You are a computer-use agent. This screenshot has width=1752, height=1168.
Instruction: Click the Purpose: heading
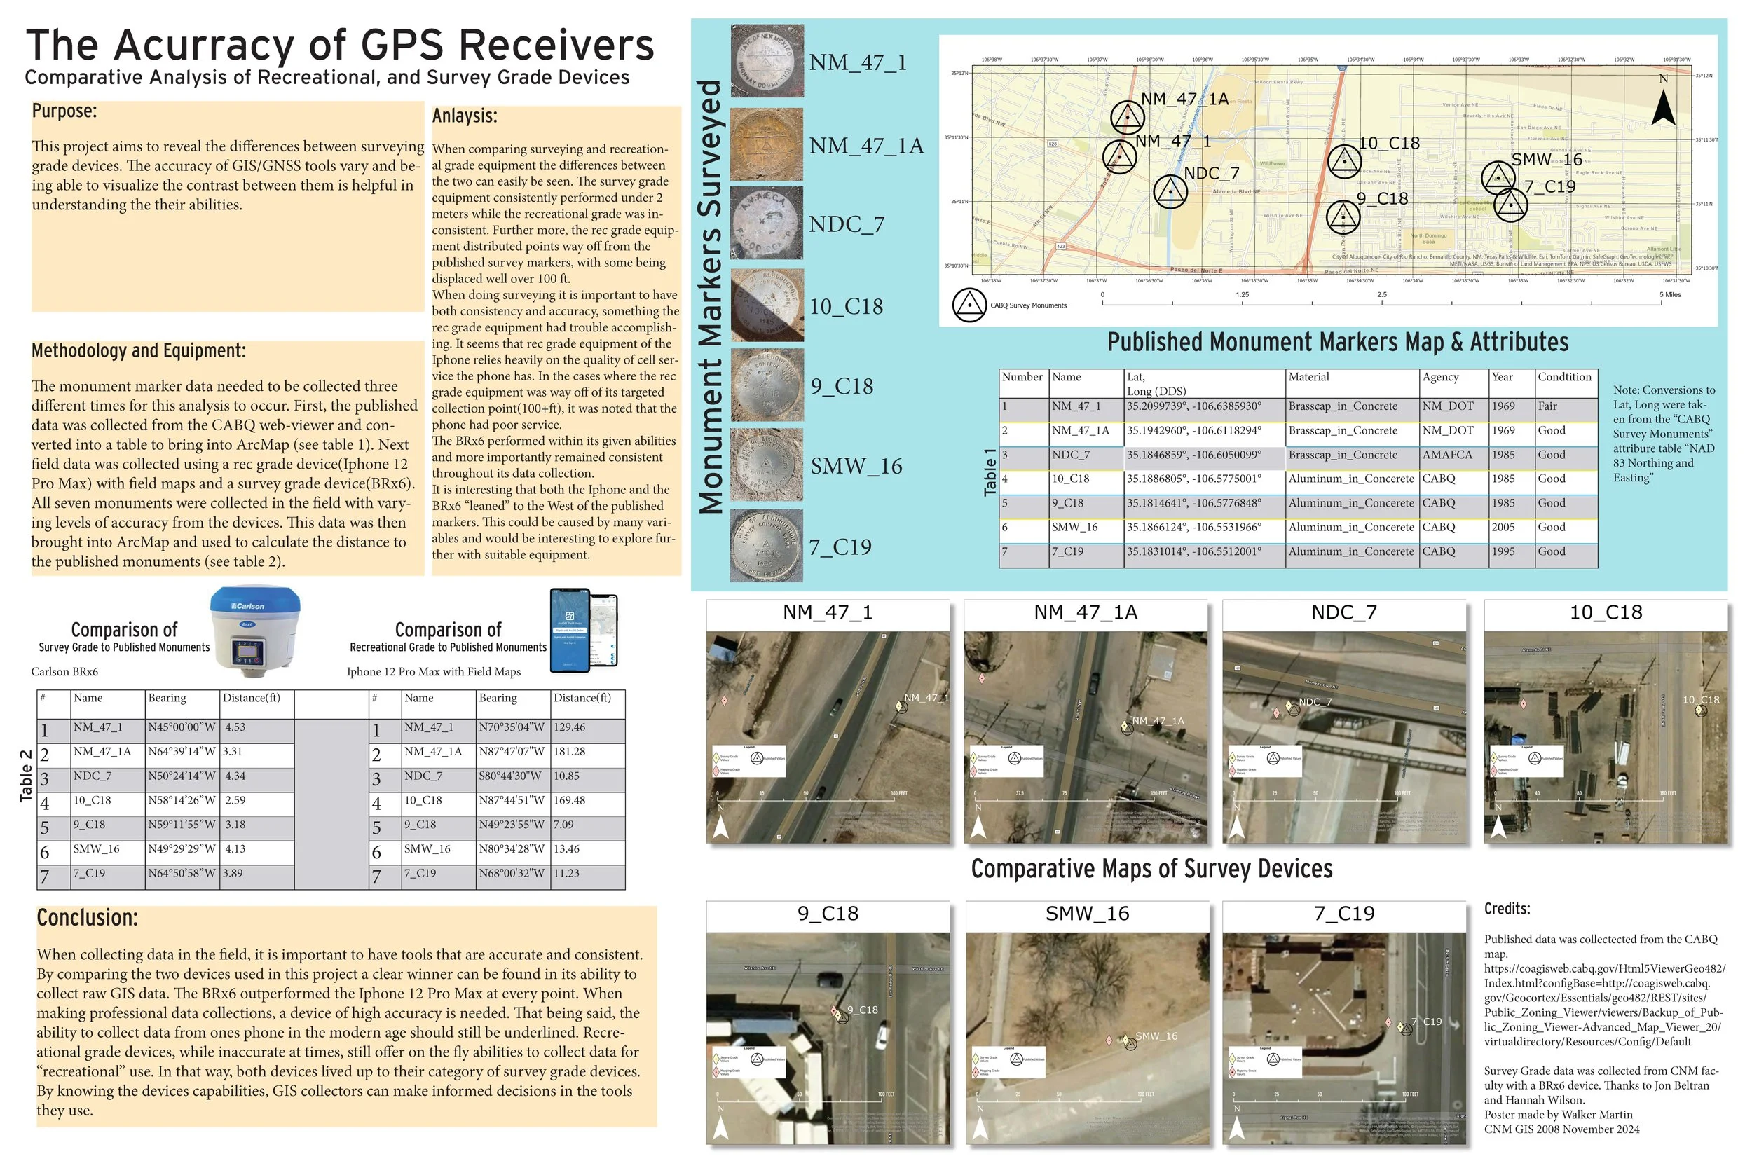pos(64,111)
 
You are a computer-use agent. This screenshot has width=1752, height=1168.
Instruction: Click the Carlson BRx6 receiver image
pos(256,629)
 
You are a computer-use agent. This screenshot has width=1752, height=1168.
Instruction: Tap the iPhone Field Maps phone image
pos(584,630)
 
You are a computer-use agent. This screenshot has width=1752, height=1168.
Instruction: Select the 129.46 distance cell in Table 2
pos(570,728)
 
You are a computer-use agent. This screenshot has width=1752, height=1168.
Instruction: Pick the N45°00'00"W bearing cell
pos(181,728)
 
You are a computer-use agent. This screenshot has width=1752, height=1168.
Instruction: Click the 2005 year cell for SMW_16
pos(1503,528)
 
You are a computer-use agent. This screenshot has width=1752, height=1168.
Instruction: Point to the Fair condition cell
pos(1548,406)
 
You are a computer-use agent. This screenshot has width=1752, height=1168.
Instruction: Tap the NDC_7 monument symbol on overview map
pos(1170,192)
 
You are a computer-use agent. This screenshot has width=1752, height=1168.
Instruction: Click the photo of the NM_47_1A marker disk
pos(767,144)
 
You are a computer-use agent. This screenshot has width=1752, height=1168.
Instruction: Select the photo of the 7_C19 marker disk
pos(767,546)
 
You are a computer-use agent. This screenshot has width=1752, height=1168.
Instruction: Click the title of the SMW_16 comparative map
pos(1087,914)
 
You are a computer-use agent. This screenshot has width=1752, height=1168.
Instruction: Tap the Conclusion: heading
pos(87,918)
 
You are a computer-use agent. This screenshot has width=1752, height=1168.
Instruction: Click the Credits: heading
pos(1507,909)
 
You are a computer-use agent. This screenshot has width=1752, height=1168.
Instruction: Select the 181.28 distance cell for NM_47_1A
pos(570,753)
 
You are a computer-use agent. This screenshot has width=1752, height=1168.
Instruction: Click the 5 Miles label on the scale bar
pos(1670,295)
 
